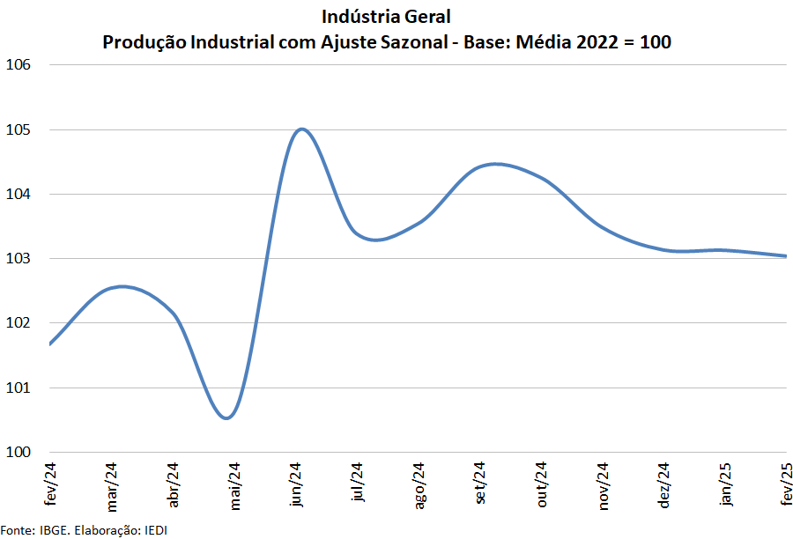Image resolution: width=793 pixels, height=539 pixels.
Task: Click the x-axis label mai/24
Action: pos(235,487)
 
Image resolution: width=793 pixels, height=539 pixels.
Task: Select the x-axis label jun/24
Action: pos(297,487)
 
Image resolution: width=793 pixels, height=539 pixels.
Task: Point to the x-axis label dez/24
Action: pos(665,487)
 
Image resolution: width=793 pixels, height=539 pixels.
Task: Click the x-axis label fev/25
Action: pos(787,484)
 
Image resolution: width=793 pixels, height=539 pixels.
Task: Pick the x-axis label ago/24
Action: pos(419,487)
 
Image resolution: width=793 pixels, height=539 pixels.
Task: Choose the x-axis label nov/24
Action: pos(604,487)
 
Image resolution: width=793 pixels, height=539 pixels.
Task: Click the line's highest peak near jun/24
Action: pos(301,129)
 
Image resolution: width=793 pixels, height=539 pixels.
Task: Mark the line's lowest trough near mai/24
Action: pos(226,417)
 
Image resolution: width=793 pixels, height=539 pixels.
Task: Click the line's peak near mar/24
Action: pos(122,286)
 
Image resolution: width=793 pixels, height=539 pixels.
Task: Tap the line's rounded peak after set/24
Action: pos(495,164)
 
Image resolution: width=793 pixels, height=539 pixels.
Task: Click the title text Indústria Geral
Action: pos(387,17)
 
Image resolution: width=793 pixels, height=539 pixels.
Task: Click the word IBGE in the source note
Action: pos(51,530)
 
